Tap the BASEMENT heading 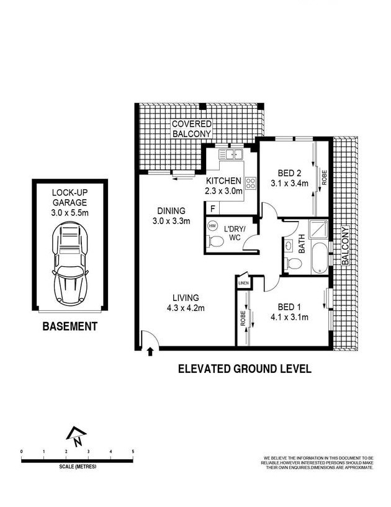coord(70,326)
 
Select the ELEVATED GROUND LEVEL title coord(245,369)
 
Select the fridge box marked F coord(213,209)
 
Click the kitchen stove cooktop coord(251,182)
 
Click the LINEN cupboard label coord(242,284)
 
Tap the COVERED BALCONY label coord(192,128)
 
